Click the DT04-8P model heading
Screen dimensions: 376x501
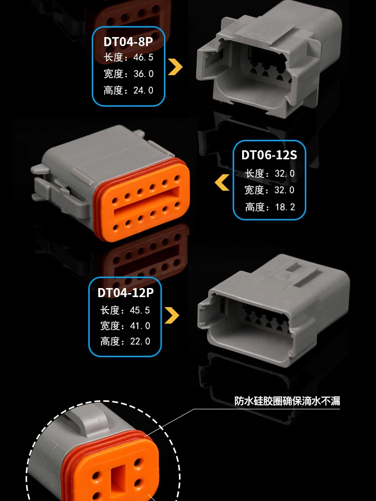click(128, 41)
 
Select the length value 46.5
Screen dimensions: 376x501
click(142, 57)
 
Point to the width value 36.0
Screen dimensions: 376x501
click(142, 74)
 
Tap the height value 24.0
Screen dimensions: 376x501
click(142, 90)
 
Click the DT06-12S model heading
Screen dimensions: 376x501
click(269, 155)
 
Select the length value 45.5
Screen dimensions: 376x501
click(139, 310)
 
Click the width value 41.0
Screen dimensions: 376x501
click(139, 326)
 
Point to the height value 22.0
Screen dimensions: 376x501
click(139, 342)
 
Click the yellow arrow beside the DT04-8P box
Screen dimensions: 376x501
click(175, 67)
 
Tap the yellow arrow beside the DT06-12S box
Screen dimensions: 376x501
click(222, 182)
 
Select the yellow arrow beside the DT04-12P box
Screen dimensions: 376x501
click(172, 315)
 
